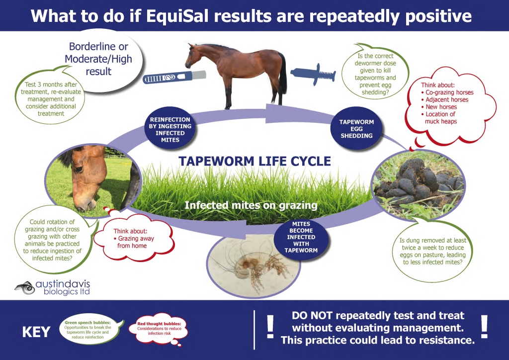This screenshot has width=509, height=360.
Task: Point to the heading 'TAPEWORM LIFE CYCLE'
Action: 254,161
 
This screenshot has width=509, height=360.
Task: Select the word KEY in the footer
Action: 36,332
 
